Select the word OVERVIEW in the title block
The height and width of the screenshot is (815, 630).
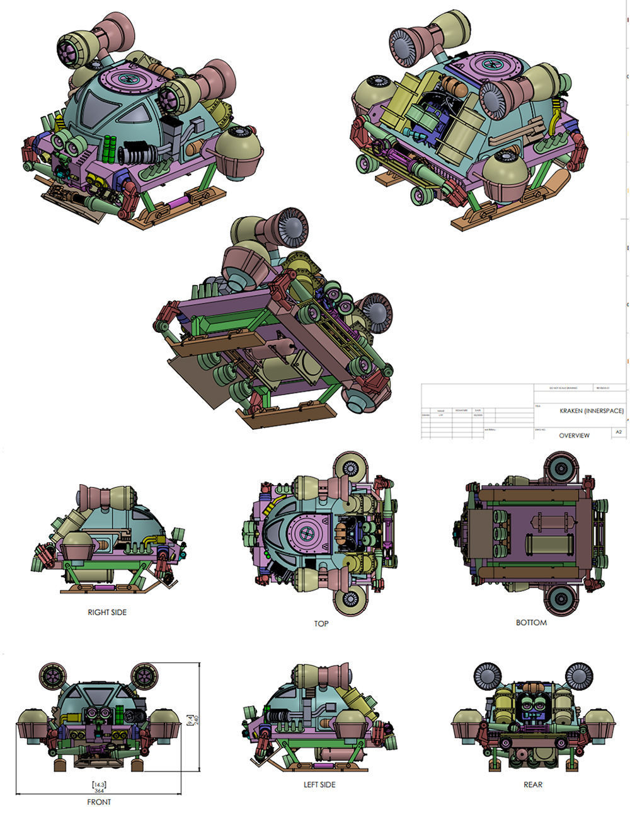click(x=574, y=436)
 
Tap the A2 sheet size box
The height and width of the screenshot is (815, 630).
click(x=619, y=432)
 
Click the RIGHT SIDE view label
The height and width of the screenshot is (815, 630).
click(x=107, y=612)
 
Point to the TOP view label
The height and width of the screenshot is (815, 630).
click(x=321, y=623)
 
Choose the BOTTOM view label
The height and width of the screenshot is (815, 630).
click(x=531, y=623)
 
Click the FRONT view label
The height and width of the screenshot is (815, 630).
click(x=99, y=802)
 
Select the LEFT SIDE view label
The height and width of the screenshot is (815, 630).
click(x=319, y=785)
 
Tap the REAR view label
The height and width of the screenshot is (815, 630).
click(x=533, y=785)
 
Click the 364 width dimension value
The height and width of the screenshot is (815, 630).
click(x=99, y=790)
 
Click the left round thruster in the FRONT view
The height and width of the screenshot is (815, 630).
click(x=52, y=677)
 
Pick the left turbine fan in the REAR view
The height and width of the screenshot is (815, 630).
click(x=486, y=677)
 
